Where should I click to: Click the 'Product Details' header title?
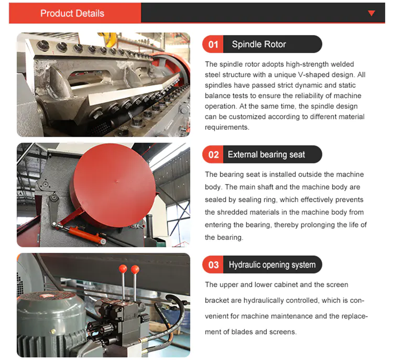tap(72, 13)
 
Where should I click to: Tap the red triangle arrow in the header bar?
tap(371, 13)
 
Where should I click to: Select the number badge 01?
tap(213, 44)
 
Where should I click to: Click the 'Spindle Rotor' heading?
tap(259, 44)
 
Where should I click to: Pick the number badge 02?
tap(213, 155)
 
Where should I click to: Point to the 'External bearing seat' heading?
tap(266, 155)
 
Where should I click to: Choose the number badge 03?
tap(213, 265)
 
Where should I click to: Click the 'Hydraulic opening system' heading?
tap(272, 265)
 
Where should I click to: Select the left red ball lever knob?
tap(123, 269)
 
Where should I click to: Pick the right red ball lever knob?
tap(135, 270)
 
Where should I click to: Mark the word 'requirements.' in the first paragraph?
tap(227, 127)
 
